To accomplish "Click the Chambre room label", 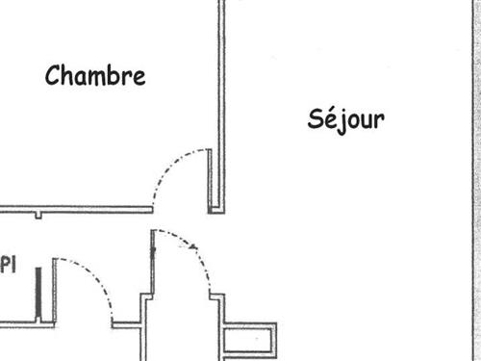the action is pos(95,75).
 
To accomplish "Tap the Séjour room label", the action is pos(346,119).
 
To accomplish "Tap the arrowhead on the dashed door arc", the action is pos(195,246).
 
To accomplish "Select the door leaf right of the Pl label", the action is pos(54,289).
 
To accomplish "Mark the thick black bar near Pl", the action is pos(38,295).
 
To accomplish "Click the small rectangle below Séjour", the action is pos(250,341).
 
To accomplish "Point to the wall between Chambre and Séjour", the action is pos(221,96).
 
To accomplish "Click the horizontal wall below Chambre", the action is pos(77,209).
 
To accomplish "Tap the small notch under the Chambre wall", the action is pos(38,215).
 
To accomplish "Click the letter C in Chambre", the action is pos(53,75).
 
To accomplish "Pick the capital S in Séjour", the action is pos(316,119).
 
